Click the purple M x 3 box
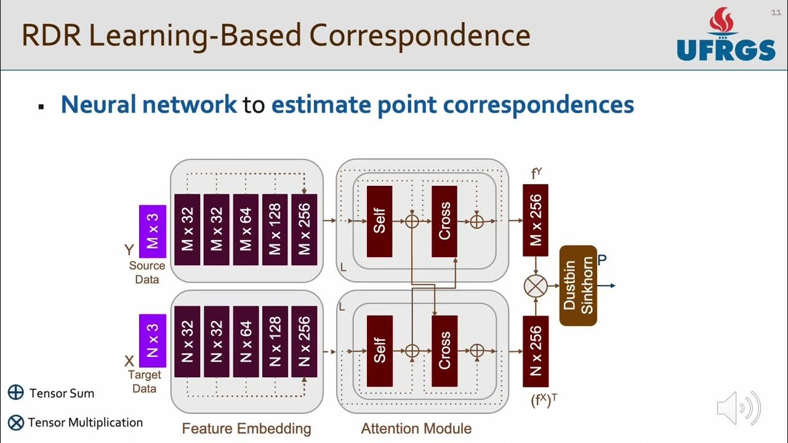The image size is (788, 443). tap(153, 231)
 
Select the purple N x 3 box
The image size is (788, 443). tap(153, 340)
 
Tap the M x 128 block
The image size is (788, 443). tap(275, 230)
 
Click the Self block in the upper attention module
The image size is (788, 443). tap(379, 221)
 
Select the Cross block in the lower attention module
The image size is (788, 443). tap(444, 351)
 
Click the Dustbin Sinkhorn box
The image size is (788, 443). tap(578, 285)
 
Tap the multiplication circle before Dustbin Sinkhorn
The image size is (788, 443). tap(536, 286)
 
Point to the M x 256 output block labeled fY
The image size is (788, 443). tap(536, 220)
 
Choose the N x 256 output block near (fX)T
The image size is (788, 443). tap(536, 351)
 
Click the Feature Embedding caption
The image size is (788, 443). tap(246, 428)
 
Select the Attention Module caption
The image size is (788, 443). tap(416, 428)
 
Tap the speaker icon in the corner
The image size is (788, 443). tap(738, 408)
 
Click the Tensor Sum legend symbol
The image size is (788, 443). tap(16, 393)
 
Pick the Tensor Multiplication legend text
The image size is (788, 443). tap(85, 423)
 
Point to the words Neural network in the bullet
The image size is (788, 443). tap(148, 105)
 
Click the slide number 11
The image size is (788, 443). tap(776, 13)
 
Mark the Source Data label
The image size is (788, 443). tap(147, 273)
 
